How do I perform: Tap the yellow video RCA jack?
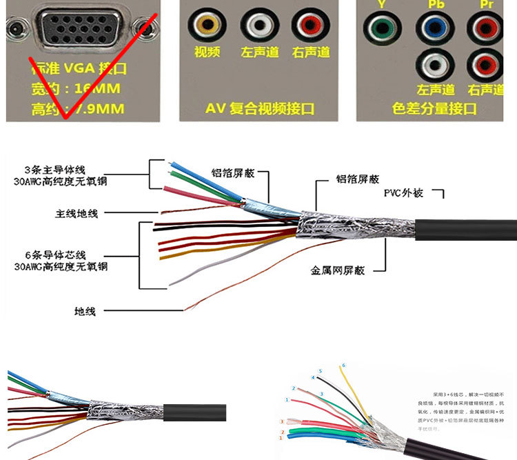[207, 26]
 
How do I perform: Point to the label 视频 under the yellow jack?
[207, 52]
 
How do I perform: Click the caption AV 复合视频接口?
[260, 108]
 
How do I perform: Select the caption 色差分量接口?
[434, 108]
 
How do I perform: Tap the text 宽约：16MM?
[76, 88]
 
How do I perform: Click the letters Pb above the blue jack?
[435, 4]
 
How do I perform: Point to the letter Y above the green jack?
[381, 4]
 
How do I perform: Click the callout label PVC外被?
[403, 192]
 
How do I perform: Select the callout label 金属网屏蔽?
[337, 270]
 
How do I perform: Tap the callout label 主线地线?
[77, 214]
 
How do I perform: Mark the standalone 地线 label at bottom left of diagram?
[85, 312]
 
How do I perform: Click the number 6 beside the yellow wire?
[344, 365]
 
